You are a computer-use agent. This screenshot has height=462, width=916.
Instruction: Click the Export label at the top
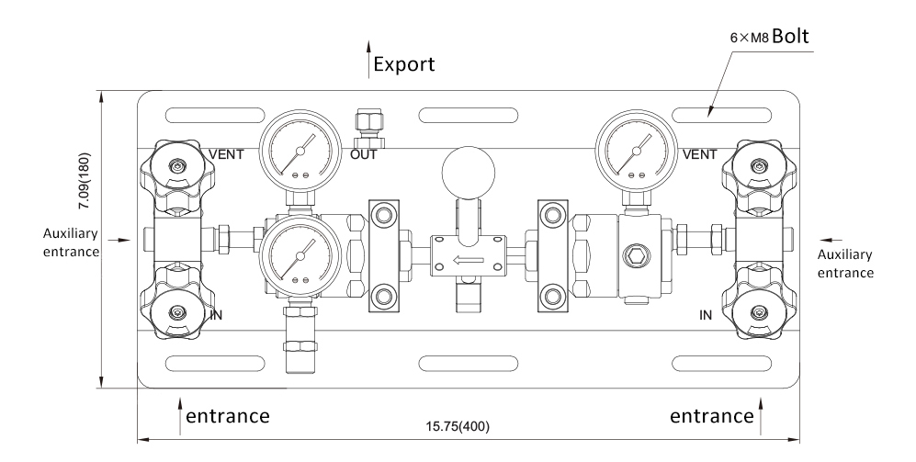click(404, 65)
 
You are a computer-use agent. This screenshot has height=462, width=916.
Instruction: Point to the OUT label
click(363, 154)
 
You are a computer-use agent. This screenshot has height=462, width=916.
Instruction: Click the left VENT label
click(227, 154)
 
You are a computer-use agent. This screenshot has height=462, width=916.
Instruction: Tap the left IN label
click(218, 315)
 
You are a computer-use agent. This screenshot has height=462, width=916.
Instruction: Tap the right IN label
click(706, 315)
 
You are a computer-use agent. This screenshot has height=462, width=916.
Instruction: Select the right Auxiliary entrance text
click(844, 263)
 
